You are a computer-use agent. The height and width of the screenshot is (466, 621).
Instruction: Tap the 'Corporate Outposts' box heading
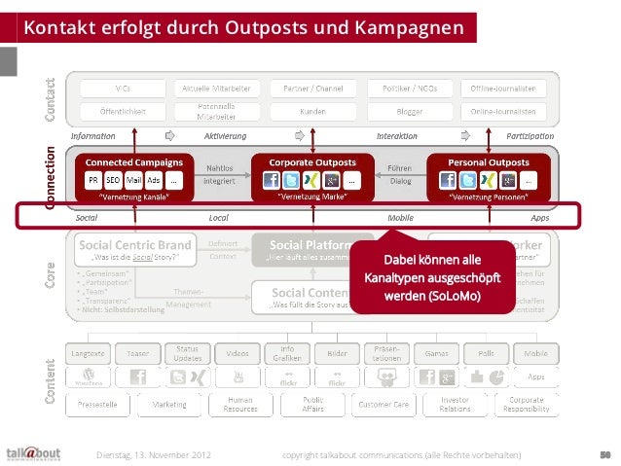(311, 161)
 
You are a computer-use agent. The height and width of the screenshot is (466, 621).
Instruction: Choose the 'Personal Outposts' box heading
(489, 161)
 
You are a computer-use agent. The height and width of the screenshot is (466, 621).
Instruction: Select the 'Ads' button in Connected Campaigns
(153, 180)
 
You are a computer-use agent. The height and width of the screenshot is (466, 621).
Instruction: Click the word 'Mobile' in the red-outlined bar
(400, 219)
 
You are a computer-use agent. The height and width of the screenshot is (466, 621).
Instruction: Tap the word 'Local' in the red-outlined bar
(218, 219)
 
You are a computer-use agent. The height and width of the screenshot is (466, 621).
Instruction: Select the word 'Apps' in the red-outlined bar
(540, 219)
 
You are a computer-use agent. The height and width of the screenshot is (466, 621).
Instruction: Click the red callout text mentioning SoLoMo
(431, 278)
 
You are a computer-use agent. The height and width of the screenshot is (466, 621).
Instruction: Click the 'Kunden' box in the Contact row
(312, 111)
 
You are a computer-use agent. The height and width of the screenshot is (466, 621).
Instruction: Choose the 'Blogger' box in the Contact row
(410, 111)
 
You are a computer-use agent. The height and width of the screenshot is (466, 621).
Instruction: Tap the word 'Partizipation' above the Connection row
(530, 135)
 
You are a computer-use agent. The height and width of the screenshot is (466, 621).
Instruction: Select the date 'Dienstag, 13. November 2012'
(155, 454)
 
